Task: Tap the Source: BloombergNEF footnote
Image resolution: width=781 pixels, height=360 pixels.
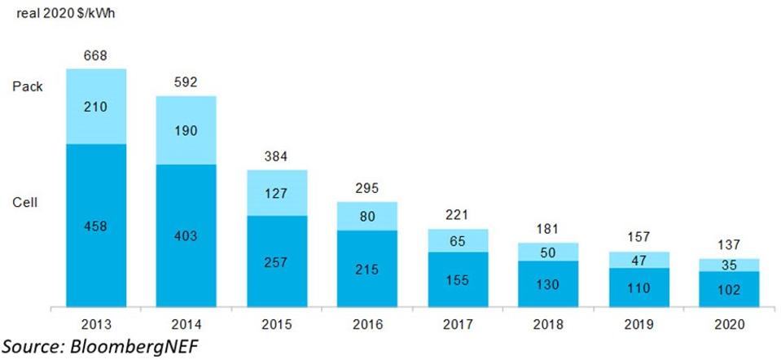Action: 99,345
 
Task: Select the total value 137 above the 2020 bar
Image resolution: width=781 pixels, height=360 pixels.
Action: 728,244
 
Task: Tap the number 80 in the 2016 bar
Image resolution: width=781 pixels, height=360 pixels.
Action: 367,216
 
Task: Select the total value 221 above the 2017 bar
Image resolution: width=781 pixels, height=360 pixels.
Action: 458,214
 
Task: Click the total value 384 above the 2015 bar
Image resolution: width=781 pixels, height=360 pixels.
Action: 277,156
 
